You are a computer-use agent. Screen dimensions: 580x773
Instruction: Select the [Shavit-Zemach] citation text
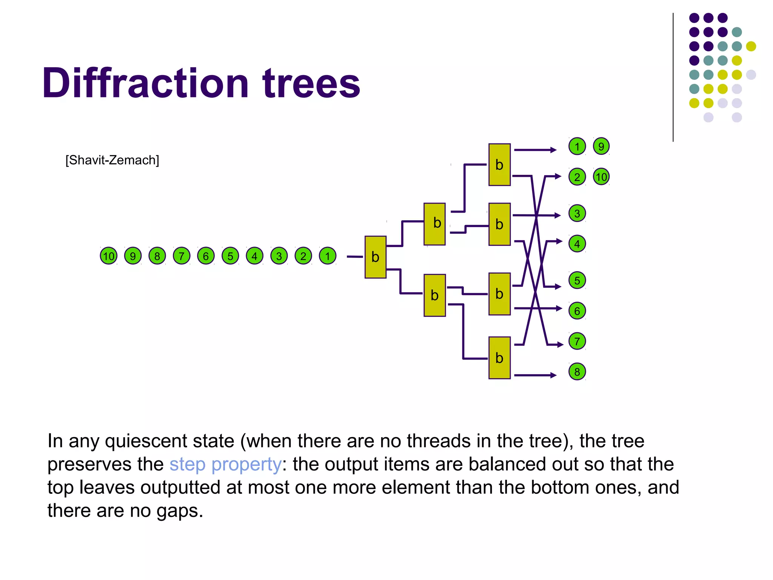[112, 160]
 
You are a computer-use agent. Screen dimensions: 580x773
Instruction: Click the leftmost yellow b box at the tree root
[375, 257]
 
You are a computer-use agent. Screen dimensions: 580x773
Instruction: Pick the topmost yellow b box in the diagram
[499, 165]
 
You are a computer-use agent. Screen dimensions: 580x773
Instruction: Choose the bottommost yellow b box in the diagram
[499, 358]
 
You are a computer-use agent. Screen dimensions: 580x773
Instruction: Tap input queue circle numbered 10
[109, 256]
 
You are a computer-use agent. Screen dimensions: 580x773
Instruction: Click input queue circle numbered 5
[230, 256]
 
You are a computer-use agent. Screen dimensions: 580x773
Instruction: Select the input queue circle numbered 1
[328, 256]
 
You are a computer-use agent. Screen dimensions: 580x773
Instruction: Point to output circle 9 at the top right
[601, 147]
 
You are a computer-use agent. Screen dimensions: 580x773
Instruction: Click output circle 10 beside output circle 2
[601, 177]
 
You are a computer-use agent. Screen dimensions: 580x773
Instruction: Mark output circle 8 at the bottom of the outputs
[577, 372]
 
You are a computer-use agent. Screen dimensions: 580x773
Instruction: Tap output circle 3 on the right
[577, 213]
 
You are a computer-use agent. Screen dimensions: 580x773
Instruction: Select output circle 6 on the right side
[577, 311]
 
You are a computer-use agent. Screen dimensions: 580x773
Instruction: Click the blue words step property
[225, 464]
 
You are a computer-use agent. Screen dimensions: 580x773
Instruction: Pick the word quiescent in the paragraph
[170, 441]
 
